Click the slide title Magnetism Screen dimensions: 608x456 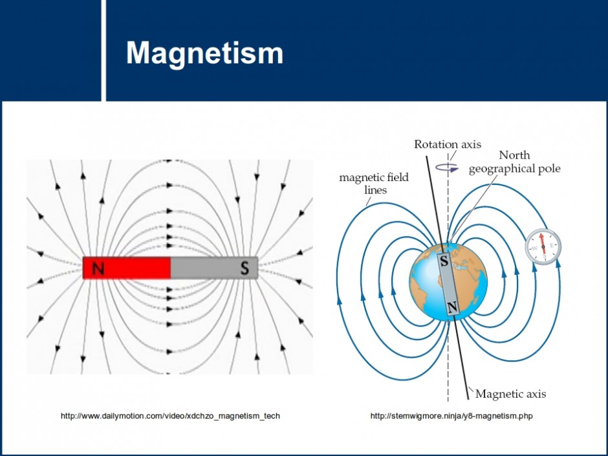point(204,53)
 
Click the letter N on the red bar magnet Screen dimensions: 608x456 point(98,268)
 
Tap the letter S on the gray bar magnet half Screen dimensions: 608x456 point(244,268)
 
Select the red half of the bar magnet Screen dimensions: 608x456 point(127,268)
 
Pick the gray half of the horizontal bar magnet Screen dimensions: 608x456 point(215,268)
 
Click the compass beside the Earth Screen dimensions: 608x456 point(543,247)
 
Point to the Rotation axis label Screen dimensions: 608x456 point(448,144)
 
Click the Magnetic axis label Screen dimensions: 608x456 point(511,394)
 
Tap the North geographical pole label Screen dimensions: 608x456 point(515,162)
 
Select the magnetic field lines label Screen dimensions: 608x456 point(374,184)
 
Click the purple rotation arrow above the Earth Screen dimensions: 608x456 point(447,168)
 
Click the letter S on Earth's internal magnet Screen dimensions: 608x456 point(444,261)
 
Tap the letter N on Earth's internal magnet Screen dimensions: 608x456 point(452,307)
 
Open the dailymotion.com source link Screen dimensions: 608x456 point(170,416)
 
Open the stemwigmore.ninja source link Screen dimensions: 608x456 point(451,416)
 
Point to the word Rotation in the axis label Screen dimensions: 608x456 point(431,144)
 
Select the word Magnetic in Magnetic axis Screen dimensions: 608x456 point(497,394)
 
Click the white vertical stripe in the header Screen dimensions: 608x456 point(103,50)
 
